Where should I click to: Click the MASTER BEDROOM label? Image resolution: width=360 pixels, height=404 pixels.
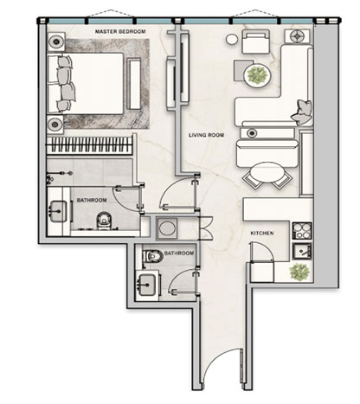(x=120, y=31)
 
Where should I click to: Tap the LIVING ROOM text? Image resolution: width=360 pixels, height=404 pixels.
(x=206, y=135)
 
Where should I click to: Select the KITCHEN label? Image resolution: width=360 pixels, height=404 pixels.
(x=262, y=233)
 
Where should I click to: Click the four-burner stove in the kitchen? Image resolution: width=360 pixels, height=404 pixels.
(x=302, y=231)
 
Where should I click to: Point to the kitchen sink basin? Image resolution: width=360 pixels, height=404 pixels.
(x=302, y=251)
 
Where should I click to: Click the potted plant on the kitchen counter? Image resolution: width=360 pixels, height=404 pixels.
(x=299, y=272)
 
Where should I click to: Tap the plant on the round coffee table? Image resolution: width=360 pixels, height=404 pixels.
(x=258, y=75)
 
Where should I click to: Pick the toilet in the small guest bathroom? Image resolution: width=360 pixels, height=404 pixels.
(x=153, y=255)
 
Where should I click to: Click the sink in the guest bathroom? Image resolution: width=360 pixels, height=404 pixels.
(x=147, y=285)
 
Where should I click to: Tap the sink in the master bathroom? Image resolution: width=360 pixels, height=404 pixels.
(x=59, y=211)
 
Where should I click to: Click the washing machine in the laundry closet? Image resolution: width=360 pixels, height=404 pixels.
(x=167, y=228)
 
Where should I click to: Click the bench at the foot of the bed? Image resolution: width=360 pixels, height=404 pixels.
(x=134, y=84)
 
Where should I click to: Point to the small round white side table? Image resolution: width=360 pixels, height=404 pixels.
(x=231, y=40)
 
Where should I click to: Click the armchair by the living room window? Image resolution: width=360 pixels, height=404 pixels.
(x=255, y=42)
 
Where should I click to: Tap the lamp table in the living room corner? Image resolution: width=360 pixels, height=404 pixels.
(x=297, y=36)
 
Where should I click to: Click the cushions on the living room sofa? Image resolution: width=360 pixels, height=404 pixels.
(x=302, y=112)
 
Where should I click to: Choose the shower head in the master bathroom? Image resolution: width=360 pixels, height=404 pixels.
(x=70, y=173)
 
